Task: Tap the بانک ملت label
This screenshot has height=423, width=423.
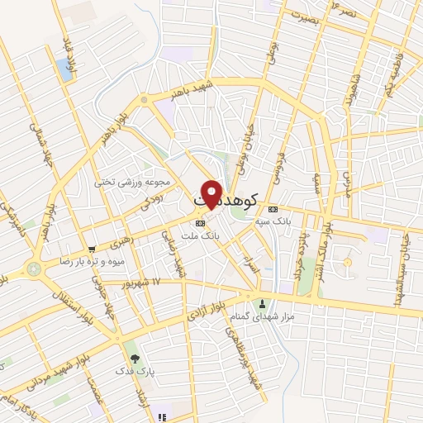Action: click(200, 235)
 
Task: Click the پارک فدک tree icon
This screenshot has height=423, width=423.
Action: click(135, 360)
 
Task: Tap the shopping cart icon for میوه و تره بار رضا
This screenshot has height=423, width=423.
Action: click(92, 248)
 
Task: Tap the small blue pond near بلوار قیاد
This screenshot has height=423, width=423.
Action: click(64, 69)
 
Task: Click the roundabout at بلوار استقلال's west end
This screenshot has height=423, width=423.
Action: click(34, 268)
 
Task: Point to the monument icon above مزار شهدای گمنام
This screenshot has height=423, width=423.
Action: click(263, 302)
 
